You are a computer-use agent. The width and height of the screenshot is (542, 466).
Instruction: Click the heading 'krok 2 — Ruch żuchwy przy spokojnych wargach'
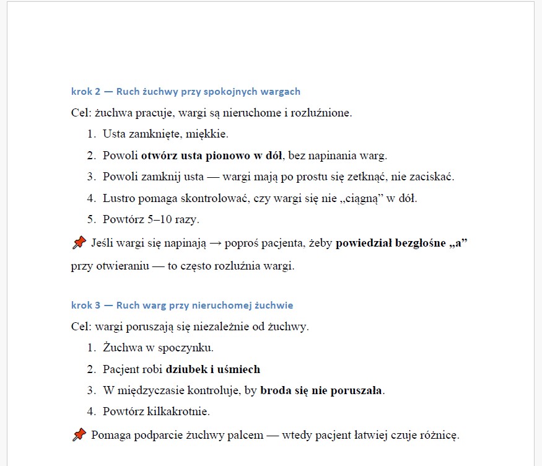[186, 92]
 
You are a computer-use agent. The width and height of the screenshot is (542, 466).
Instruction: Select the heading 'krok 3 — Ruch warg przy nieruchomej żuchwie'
[182, 306]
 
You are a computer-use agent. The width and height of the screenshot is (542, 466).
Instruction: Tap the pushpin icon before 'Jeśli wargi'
[79, 243]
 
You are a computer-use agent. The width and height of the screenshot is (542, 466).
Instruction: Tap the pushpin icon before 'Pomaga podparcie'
[79, 435]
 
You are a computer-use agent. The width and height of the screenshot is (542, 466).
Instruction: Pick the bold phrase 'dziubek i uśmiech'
[212, 369]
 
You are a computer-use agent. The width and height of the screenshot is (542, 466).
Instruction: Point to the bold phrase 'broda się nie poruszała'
[321, 390]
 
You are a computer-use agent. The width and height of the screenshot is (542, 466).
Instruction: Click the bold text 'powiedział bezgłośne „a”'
[401, 243]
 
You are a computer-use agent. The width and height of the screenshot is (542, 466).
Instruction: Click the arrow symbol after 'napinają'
[214, 243]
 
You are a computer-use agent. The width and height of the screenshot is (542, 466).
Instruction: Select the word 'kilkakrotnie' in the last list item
[179, 411]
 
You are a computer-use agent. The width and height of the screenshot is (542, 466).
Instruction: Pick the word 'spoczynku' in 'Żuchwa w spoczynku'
[187, 348]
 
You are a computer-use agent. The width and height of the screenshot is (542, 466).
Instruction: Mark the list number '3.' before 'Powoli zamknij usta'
[91, 177]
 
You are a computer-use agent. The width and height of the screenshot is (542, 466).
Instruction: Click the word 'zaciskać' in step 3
[432, 177]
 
